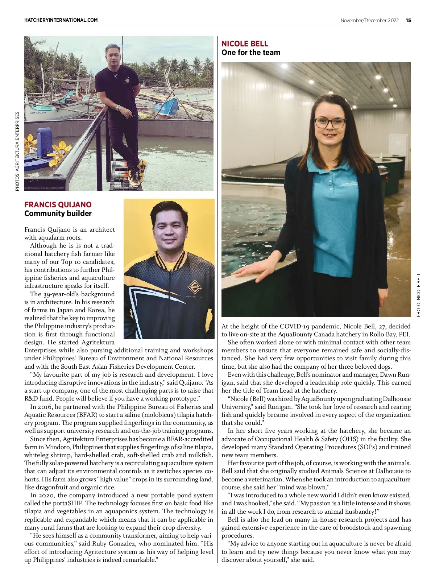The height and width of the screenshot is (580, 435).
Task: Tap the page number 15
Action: pos(408,20)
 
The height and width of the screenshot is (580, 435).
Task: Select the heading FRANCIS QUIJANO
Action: pos(58,204)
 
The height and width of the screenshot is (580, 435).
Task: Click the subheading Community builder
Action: pos(58,214)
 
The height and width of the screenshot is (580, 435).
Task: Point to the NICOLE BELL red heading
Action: pos(245,44)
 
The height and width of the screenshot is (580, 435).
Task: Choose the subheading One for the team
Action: pos(251,53)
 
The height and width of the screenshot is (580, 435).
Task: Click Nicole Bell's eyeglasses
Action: pos(330,123)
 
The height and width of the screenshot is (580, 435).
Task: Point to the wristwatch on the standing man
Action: pos(118,108)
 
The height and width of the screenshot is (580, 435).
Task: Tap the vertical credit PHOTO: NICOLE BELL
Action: pos(419,295)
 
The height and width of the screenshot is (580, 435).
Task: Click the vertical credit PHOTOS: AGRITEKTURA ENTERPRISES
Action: pos(17,151)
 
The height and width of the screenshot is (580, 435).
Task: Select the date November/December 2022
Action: pos(369,20)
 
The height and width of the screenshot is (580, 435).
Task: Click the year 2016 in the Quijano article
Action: pos(46,407)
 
